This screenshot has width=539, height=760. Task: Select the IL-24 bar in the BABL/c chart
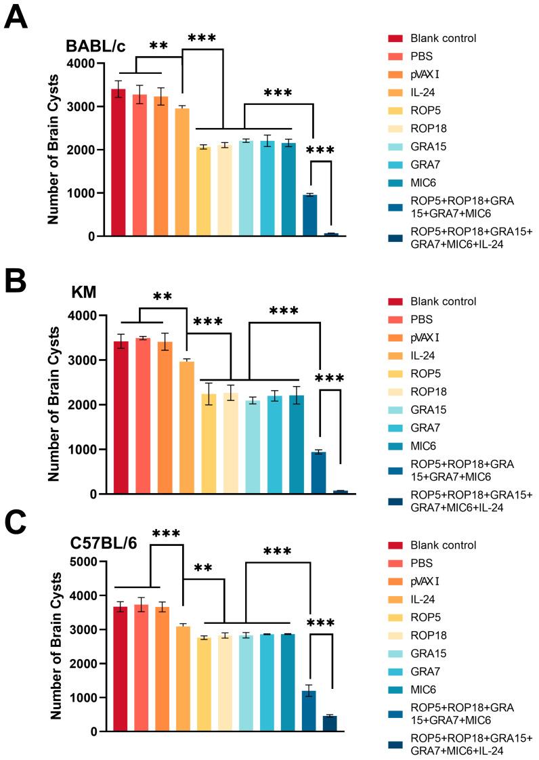coord(182,172)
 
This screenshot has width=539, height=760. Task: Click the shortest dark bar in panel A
coord(331,234)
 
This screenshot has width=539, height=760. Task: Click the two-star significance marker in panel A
coord(158,45)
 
